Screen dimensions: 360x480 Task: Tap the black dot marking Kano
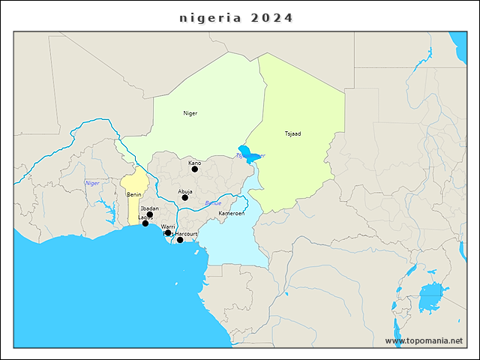pyautogui.click(x=195, y=169)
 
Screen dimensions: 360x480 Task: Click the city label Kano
pyautogui.click(x=194, y=163)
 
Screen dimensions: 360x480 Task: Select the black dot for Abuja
pyautogui.click(x=185, y=197)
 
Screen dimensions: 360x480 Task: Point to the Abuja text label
pyautogui.click(x=185, y=190)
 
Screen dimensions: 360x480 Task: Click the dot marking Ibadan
pyautogui.click(x=150, y=214)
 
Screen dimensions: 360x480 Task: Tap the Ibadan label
pyautogui.click(x=149, y=208)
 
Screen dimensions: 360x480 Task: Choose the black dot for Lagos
pyautogui.click(x=145, y=223)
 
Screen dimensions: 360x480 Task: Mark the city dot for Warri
pyautogui.click(x=168, y=233)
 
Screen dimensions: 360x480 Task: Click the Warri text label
pyautogui.click(x=168, y=226)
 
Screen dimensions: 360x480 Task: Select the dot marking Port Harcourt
pyautogui.click(x=180, y=240)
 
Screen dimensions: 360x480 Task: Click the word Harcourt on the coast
pyautogui.click(x=186, y=234)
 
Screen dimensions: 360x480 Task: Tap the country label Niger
pyautogui.click(x=190, y=113)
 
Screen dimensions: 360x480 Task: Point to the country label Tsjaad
pyautogui.click(x=292, y=133)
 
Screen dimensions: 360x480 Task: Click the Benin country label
pyautogui.click(x=134, y=194)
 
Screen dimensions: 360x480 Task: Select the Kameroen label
pyautogui.click(x=231, y=214)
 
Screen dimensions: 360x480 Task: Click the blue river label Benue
pyautogui.click(x=213, y=203)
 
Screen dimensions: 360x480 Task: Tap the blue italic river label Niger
pyautogui.click(x=92, y=183)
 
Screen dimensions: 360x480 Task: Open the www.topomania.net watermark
pyautogui.click(x=424, y=340)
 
